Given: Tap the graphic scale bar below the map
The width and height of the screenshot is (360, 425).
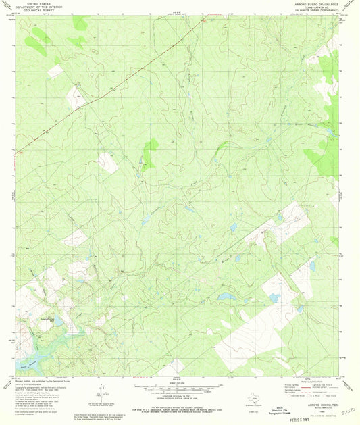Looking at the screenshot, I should pos(180,389).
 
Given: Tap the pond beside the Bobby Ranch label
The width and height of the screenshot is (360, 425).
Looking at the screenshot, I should pos(59,322).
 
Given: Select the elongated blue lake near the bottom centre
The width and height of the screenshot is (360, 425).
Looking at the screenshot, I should pos(225,296).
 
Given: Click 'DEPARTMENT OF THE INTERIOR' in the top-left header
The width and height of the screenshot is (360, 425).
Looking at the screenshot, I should pos(35,7).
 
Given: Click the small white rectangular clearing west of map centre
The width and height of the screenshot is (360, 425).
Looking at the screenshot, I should pos(106,162).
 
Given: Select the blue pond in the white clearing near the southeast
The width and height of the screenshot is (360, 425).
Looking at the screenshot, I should pos(274,297).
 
